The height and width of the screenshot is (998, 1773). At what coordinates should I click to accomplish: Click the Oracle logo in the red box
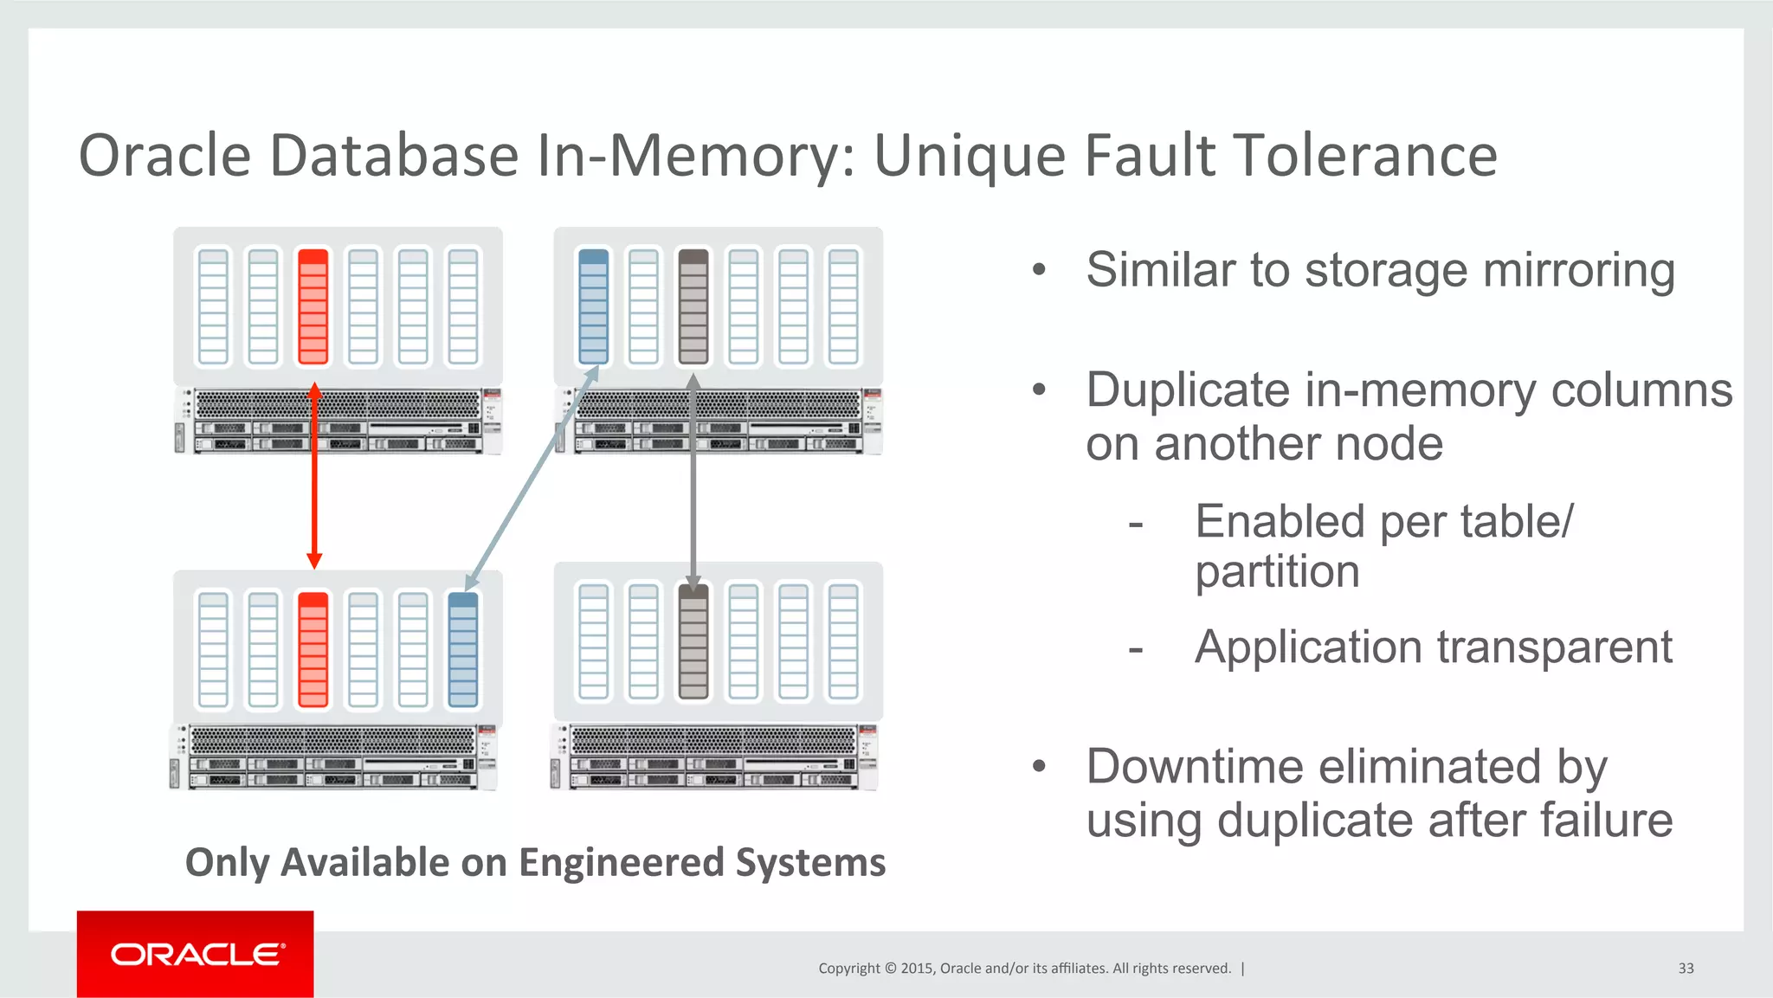[196, 954]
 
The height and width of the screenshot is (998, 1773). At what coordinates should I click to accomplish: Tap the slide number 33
[1685, 968]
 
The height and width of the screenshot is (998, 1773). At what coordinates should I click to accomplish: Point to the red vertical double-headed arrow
[314, 476]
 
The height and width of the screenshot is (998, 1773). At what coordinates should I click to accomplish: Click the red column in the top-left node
[313, 306]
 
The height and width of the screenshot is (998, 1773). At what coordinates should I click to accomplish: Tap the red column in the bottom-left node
[313, 649]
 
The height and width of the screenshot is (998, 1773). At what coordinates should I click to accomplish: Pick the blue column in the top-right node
[593, 306]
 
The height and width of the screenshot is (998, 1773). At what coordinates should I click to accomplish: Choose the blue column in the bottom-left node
[463, 649]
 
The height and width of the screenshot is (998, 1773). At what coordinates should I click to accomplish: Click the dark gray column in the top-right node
[693, 306]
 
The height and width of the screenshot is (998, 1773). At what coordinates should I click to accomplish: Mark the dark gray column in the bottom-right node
[693, 641]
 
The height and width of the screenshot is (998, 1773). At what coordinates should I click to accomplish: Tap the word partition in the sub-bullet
[1277, 572]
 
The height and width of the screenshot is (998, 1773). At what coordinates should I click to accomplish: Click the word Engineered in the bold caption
[621, 862]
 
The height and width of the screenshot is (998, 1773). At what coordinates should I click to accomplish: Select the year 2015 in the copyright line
[917, 968]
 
